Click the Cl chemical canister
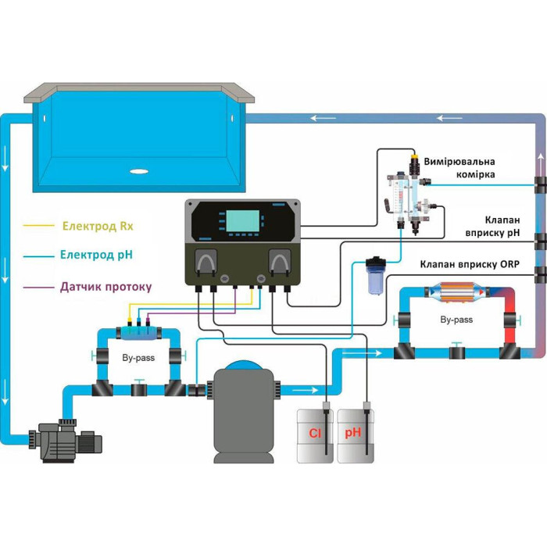click(315, 436)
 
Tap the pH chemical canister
click(356, 436)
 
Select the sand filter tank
click(244, 412)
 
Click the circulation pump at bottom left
click(66, 440)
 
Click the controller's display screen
click(243, 221)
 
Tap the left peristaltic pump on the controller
click(206, 262)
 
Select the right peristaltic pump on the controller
click(280, 262)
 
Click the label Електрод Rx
click(98, 226)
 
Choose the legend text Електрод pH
click(96, 255)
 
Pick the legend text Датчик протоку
click(106, 287)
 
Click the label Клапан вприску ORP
click(470, 264)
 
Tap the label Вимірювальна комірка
click(459, 168)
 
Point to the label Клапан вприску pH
click(492, 227)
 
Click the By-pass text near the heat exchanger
click(456, 320)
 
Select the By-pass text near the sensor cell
click(138, 358)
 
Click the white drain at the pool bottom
click(139, 171)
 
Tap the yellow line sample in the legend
click(39, 225)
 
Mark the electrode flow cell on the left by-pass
click(138, 333)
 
